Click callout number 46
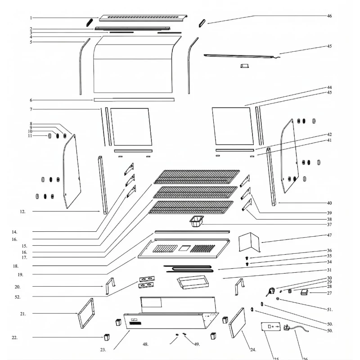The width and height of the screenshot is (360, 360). (329, 16)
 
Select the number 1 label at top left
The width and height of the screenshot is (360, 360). (31, 18)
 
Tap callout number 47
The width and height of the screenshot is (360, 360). (329, 235)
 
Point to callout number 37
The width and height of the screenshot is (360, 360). (329, 225)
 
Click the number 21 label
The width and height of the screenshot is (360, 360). (23, 314)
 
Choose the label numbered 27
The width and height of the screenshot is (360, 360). (329, 293)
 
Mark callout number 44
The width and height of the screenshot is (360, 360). (329, 87)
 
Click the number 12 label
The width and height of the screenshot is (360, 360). (23, 211)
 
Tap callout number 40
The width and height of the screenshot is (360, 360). (329, 203)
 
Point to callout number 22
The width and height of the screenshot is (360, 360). (15, 337)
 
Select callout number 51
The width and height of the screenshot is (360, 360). (329, 309)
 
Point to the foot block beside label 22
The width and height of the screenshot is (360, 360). (108, 337)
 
